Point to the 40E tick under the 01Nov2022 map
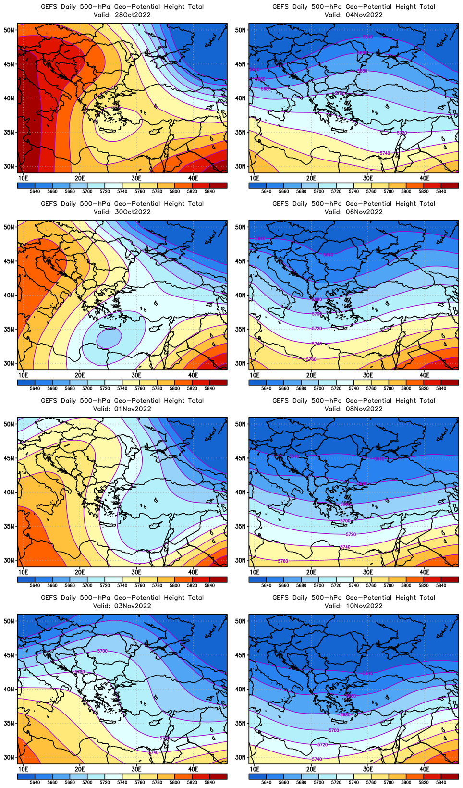tap(193, 572)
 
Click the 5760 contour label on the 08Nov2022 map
tap(283, 561)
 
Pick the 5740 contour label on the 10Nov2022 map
tap(317, 759)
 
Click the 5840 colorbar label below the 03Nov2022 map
tap(209, 782)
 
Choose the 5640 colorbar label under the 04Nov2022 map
tap(266, 191)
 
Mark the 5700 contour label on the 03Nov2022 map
tap(102, 651)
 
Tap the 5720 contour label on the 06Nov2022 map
tap(317, 328)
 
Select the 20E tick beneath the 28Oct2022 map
tap(80, 178)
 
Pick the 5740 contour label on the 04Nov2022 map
tap(385, 153)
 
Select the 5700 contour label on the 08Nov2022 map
tap(345, 521)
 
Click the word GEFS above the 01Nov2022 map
tap(49, 401)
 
